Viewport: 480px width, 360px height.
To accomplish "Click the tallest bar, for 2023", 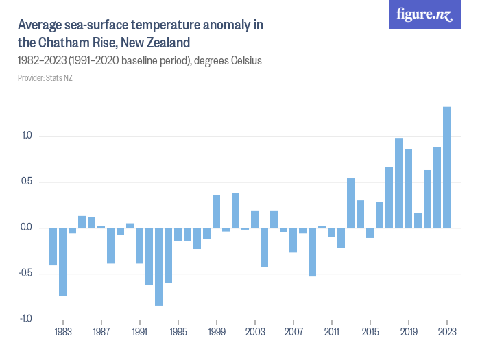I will coord(446,167).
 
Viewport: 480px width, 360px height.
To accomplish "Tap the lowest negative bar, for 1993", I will coord(158,267).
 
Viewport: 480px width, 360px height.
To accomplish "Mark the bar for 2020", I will coord(418,220).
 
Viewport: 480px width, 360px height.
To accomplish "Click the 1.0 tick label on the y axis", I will coord(27,136).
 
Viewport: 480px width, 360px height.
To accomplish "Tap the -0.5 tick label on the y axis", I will coord(25,274).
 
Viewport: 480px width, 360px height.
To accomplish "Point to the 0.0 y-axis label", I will coord(27,228).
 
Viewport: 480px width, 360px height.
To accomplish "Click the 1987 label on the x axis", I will coord(101,331).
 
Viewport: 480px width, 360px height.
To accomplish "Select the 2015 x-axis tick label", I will coord(370,331).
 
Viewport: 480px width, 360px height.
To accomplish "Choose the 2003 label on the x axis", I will coord(254,331).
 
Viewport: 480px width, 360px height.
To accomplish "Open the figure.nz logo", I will coord(424,15).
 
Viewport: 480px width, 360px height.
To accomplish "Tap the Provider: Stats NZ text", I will coord(45,77).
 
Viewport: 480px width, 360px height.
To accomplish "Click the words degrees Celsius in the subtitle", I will coord(228,61).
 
